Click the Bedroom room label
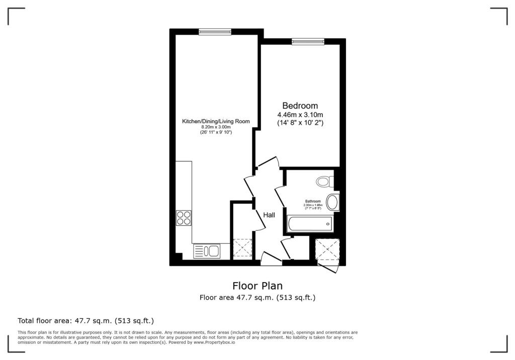(x=300, y=106)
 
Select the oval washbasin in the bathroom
(x=332, y=203)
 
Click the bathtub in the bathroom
(x=309, y=224)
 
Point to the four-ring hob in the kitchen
(x=184, y=218)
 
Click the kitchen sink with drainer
(x=207, y=250)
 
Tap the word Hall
(x=270, y=215)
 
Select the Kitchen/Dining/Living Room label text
(x=215, y=121)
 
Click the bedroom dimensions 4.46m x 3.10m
(x=300, y=115)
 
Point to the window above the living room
(x=215, y=32)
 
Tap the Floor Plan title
(x=257, y=286)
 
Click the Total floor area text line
(x=85, y=320)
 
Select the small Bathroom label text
(x=313, y=201)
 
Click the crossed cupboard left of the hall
(x=242, y=248)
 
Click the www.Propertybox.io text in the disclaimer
(x=214, y=342)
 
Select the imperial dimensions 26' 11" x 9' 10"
(x=215, y=132)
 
